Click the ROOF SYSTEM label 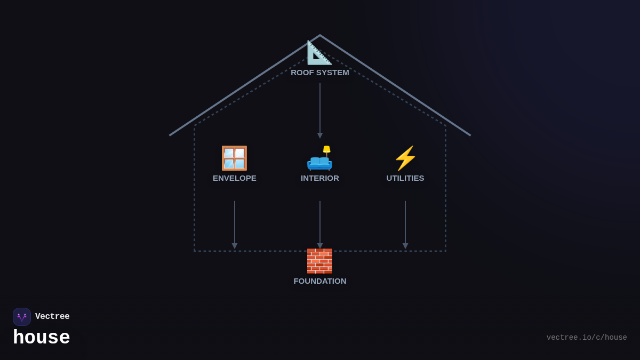(320, 73)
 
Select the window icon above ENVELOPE (234, 158)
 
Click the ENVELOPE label (235, 178)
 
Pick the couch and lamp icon (319, 159)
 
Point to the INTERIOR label (320, 178)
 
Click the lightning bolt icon (405, 158)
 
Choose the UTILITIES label (405, 178)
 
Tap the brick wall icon (319, 261)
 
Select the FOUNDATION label (320, 281)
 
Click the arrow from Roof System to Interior (320, 110)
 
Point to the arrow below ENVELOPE (235, 224)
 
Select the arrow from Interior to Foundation (320, 224)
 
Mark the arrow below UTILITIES (405, 224)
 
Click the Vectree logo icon (22, 317)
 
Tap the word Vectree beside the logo (52, 317)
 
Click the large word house (42, 338)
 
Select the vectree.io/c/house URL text (587, 338)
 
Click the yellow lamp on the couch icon (326, 149)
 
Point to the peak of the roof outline (320, 36)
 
